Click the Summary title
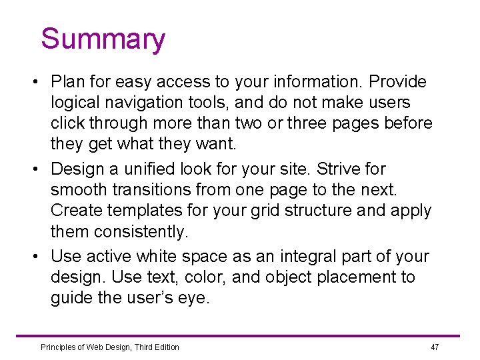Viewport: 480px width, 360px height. pyautogui.click(x=103, y=39)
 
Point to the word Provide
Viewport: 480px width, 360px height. pyautogui.click(x=398, y=82)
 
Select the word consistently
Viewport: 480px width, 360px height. pyautogui.click(x=141, y=231)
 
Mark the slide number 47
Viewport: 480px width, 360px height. pyautogui.click(x=435, y=347)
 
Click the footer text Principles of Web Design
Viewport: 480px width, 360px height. pyautogui.click(x=109, y=347)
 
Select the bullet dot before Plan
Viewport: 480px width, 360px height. pyautogui.click(x=33, y=83)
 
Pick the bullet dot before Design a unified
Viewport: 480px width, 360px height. pyautogui.click(x=33, y=169)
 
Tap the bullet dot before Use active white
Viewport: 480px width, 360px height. pyautogui.click(x=33, y=257)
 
